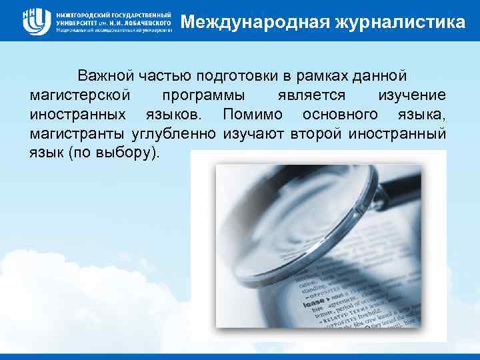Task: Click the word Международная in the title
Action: pyautogui.click(x=250, y=22)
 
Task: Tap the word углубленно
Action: pyautogui.click(x=175, y=133)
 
